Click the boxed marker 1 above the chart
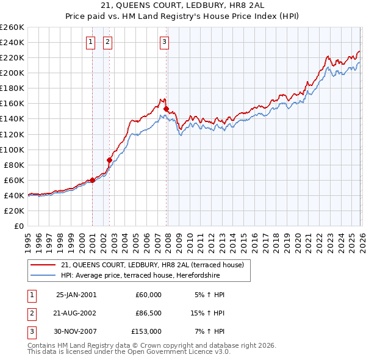click(90, 42)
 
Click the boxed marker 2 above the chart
click(107, 42)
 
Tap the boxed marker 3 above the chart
click(165, 42)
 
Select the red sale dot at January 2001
click(92, 180)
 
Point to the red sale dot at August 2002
click(109, 160)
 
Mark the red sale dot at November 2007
click(166, 109)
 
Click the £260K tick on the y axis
click(12, 27)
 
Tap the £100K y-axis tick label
click(12, 149)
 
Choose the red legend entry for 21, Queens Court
click(152, 265)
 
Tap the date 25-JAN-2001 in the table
click(76, 295)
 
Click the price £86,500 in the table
click(148, 313)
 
